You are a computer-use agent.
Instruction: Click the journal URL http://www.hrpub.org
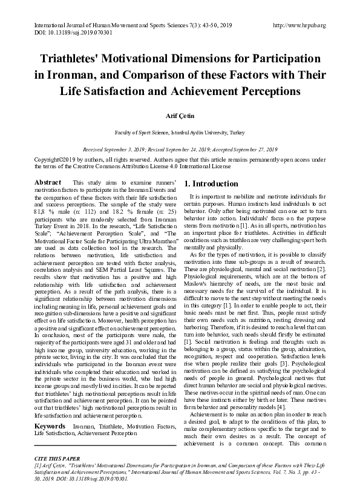pos(299,25)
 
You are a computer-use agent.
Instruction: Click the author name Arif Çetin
pos(180,113)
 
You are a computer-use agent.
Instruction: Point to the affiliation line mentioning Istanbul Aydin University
pos(180,131)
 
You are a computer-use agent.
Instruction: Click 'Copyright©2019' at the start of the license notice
pos(53,159)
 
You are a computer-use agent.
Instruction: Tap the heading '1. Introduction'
pos(211,183)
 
